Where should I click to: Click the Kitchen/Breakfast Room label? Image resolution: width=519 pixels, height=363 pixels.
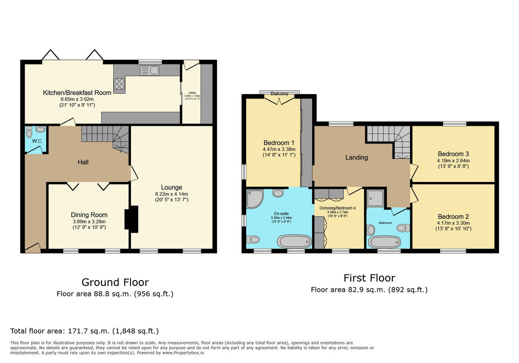pos(77,92)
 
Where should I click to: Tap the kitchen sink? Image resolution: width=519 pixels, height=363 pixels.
pos(149,70)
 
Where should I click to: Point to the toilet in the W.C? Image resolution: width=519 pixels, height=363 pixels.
pos(40,129)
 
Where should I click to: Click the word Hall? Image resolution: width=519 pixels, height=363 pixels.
pos(83,162)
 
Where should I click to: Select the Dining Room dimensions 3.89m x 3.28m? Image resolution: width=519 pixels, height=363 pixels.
pos(89,221)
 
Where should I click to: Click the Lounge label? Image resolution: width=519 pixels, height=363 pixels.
pos(171,188)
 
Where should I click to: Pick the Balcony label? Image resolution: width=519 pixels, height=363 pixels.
pos(279,93)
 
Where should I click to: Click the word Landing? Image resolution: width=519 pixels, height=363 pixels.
pos(356,157)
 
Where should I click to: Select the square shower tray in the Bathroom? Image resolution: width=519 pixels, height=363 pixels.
pos(375,198)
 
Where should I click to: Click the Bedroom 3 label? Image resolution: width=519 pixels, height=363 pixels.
pos(453,154)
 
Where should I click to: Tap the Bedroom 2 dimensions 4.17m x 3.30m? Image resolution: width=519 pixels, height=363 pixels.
pos(453,223)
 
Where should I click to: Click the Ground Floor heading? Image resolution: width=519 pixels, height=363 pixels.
pos(115,282)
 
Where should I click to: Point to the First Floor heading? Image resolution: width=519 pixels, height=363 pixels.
pos(369,277)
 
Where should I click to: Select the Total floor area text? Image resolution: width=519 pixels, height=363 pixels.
pos(84,331)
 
